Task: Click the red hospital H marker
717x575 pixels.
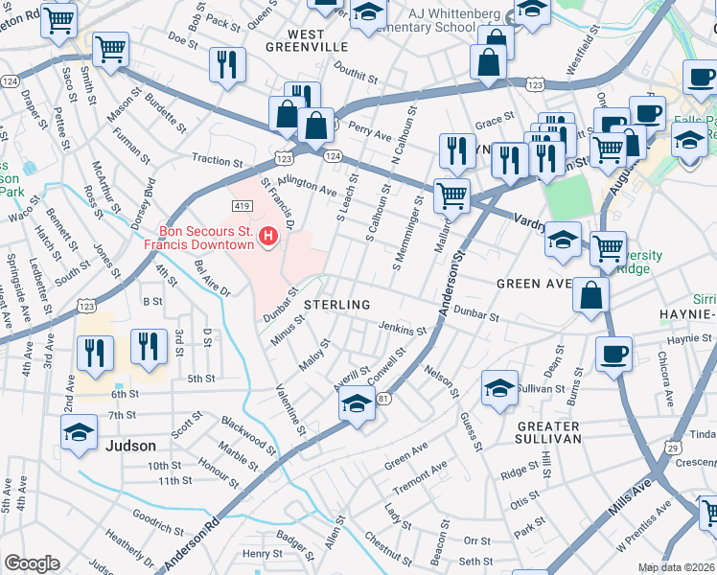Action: click(269, 235)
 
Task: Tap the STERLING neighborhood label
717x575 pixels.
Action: click(336, 305)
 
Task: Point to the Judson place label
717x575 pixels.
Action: click(130, 446)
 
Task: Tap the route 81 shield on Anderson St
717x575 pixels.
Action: click(383, 398)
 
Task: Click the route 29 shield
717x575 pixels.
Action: click(673, 448)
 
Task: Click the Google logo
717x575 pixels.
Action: click(32, 563)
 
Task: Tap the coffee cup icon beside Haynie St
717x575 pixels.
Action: click(613, 354)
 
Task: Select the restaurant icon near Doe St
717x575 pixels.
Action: click(227, 65)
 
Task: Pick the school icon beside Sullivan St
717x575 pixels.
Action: click(499, 388)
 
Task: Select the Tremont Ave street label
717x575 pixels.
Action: click(420, 477)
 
